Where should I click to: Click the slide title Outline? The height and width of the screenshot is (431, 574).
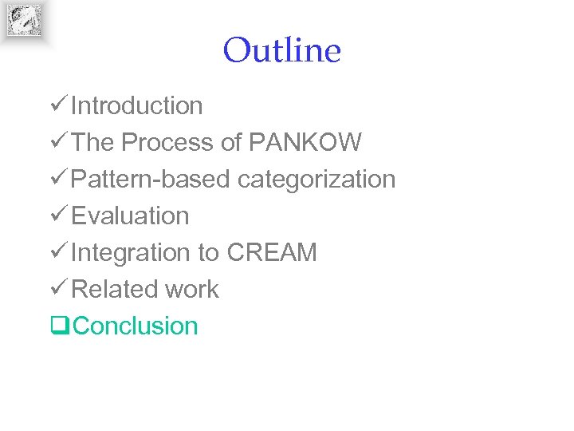(281, 51)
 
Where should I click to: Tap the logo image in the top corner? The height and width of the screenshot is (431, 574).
(24, 20)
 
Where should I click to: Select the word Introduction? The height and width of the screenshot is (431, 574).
(136, 105)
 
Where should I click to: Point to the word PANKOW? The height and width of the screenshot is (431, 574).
(305, 142)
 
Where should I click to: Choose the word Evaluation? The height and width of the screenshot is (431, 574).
(130, 215)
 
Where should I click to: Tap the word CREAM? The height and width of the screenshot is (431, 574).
(272, 252)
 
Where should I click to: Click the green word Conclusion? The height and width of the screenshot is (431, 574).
(136, 326)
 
